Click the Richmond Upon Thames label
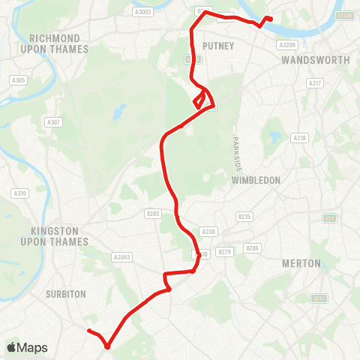click(58, 43)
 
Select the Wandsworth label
click(314, 59)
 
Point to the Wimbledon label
click(256, 181)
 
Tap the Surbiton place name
click(67, 294)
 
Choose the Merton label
click(301, 263)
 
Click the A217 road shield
click(315, 83)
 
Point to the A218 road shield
click(301, 138)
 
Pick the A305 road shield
click(17, 80)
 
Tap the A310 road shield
click(20, 193)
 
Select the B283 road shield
click(154, 214)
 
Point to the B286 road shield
click(252, 248)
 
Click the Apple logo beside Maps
click(13, 347)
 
